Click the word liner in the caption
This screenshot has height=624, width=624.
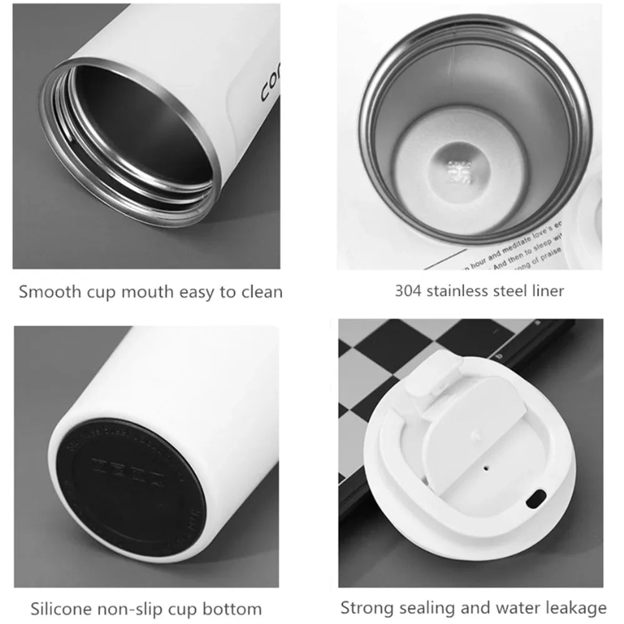click(548, 291)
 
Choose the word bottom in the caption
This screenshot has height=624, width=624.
click(236, 608)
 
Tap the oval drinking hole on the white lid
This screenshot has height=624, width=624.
click(534, 500)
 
